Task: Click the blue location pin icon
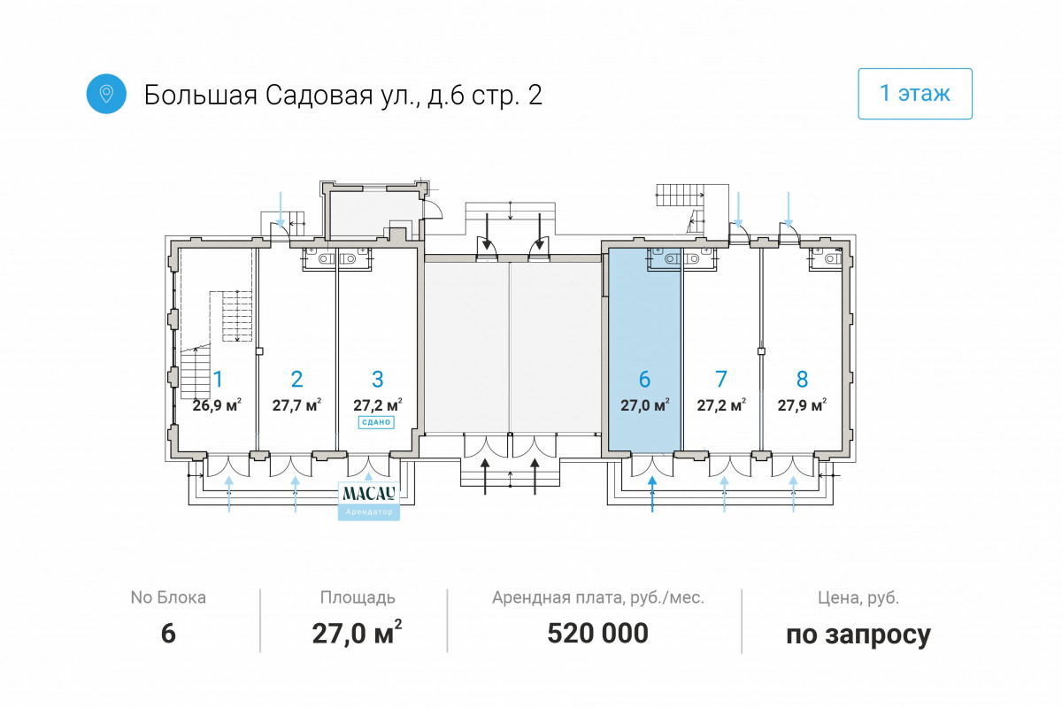pos(106,94)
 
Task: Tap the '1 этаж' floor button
pos(914,94)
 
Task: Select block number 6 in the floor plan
pos(644,380)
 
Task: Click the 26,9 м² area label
pos(217,405)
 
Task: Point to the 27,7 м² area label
pos(296,405)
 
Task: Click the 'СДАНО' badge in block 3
pos(376,422)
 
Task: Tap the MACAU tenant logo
pos(369,493)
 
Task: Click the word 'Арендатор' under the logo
pos(369,512)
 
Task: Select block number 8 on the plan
pos(802,380)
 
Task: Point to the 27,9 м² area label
pos(802,405)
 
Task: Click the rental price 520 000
pos(598,633)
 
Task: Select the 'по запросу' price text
pos(858,635)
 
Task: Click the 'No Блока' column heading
pos(168,597)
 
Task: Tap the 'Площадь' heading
pos(358,598)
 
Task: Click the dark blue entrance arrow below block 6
pos(652,494)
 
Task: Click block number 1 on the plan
pos(218,380)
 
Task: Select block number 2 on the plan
pos(296,380)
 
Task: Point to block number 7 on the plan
pos(721,380)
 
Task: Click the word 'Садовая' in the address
pos(319,95)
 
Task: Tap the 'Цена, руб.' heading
pos(858,598)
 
